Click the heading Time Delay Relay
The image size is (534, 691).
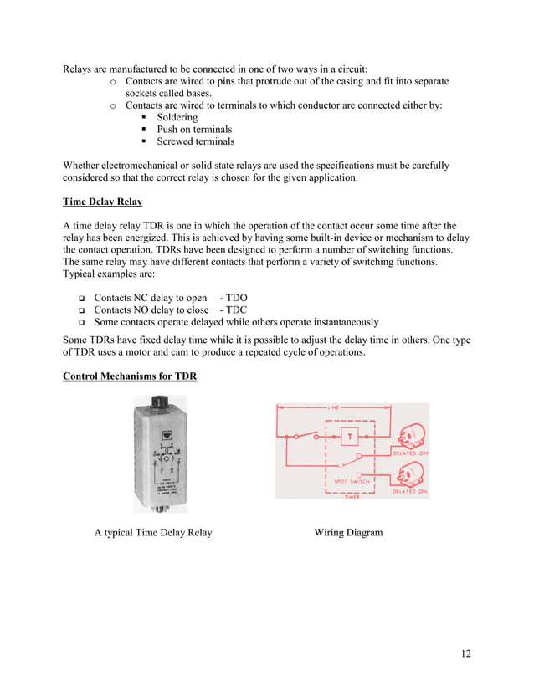coord(102,202)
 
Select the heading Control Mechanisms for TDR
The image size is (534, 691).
coord(130,376)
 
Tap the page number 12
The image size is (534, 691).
coord(465,653)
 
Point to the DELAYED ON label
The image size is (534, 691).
coord(410,493)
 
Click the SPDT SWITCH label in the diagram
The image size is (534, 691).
coord(346,481)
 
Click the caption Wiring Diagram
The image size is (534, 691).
coord(348,532)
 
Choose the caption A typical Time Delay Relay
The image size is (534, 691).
coord(153,532)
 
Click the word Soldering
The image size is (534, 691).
coord(177,118)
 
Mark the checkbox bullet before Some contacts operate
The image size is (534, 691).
coord(82,322)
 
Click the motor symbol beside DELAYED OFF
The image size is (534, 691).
coord(411,437)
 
